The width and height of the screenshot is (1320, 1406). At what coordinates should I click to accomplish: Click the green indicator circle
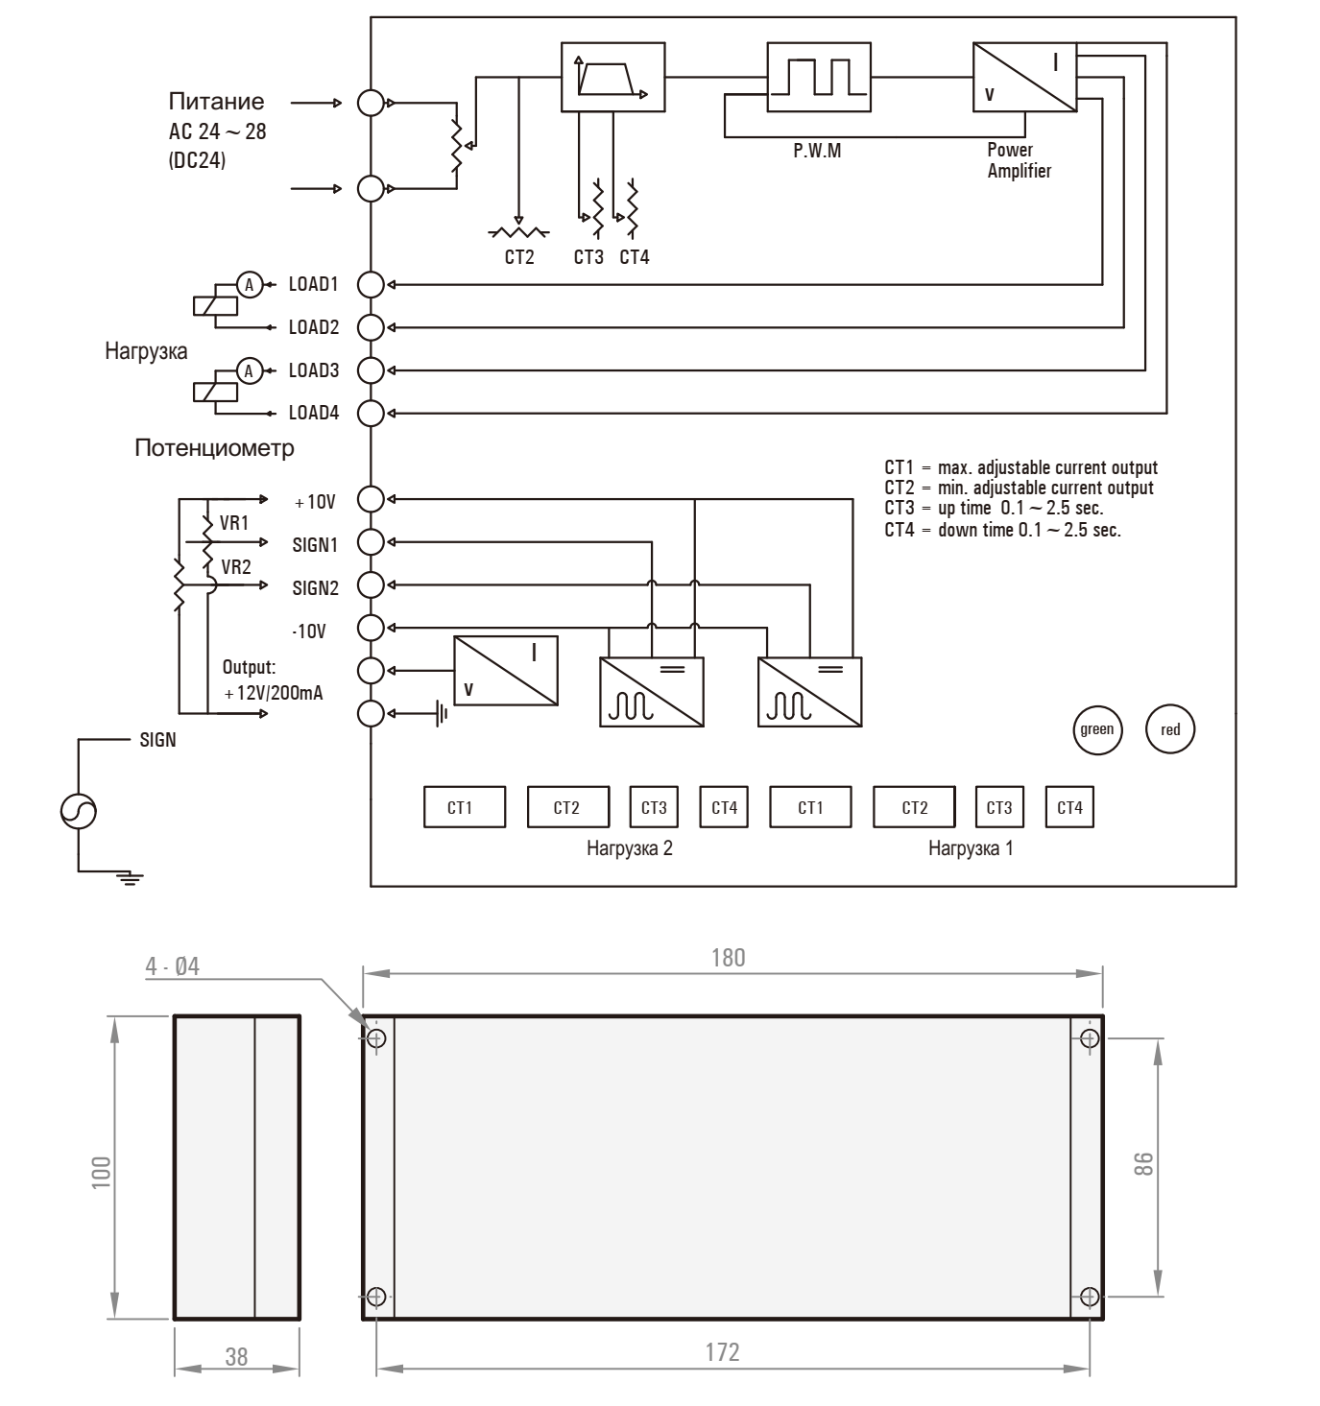(x=1096, y=729)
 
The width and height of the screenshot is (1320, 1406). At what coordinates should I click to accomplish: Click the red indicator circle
(x=1170, y=729)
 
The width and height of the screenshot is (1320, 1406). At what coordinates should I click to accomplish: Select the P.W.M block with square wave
(x=818, y=78)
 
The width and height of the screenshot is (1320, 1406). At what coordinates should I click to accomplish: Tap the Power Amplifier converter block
(x=1024, y=78)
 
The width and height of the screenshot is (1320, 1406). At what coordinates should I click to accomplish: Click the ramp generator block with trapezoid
(x=612, y=78)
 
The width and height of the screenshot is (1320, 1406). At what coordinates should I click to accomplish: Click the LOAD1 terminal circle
(x=371, y=284)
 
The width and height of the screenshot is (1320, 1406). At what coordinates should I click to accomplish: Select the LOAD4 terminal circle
(x=371, y=414)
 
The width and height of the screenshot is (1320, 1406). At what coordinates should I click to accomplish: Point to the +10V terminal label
(x=315, y=502)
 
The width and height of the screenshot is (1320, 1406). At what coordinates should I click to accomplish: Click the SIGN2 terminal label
(x=315, y=588)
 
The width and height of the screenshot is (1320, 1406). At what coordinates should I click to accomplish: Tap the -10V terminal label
(x=309, y=632)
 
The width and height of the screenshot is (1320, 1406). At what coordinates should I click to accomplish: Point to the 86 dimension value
(x=1142, y=1163)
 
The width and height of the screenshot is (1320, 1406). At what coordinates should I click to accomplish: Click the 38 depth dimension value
(x=236, y=1356)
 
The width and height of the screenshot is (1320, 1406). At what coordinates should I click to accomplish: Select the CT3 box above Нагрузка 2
(x=654, y=808)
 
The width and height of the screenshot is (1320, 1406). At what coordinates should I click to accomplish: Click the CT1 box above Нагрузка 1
(x=811, y=808)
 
